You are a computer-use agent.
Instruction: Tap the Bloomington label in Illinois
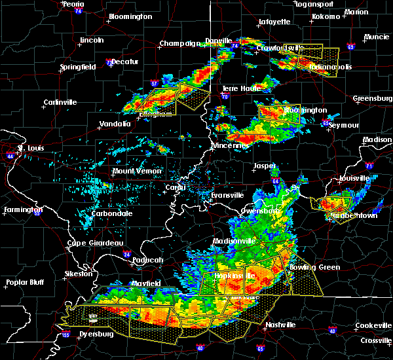click(x=130, y=16)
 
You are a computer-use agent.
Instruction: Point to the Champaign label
click(x=179, y=44)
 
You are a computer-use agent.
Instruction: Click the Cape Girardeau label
click(x=96, y=243)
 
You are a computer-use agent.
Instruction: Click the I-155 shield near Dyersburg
click(x=66, y=335)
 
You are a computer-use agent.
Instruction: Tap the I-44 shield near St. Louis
click(x=10, y=156)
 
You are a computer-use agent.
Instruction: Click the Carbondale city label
click(x=111, y=213)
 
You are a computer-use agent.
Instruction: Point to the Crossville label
click(x=375, y=341)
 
